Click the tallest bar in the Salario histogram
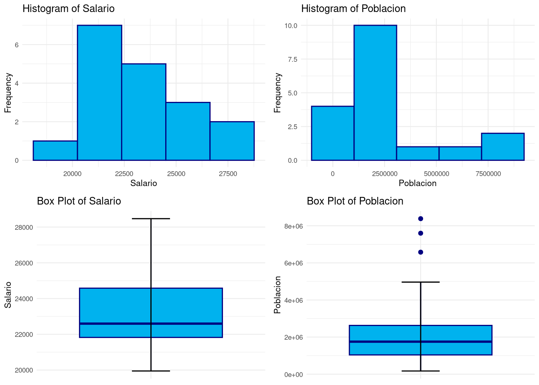pos(99,93)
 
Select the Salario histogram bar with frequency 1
pos(55,150)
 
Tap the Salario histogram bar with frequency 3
pos(188,131)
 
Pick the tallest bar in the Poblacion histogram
pos(375,93)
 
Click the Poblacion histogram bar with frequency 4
pos(332,133)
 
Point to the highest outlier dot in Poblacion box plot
pos(421,219)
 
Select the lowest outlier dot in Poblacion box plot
pos(421,252)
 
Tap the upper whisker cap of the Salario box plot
pos(151,219)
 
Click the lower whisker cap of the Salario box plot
pos(151,371)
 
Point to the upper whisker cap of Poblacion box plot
pos(421,282)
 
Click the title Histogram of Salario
pos(68,9)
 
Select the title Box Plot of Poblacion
pos(355,201)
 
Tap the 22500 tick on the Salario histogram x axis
pos(124,174)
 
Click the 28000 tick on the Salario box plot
pos(24,227)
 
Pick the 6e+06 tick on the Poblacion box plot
pos(294,263)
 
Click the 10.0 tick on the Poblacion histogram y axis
pos(290,26)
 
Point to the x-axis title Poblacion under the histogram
pos(417,183)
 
